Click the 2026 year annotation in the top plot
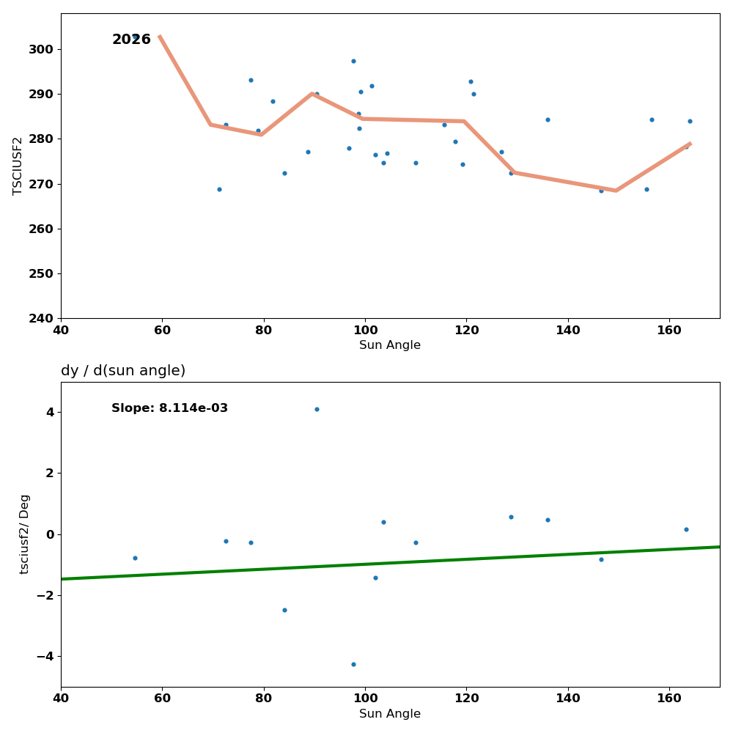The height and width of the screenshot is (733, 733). click(131, 40)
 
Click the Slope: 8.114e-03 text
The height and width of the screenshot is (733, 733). click(169, 408)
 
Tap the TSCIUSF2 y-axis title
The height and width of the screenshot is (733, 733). click(18, 166)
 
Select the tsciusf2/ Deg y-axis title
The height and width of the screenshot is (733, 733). click(25, 534)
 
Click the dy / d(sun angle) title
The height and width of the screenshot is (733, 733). click(123, 371)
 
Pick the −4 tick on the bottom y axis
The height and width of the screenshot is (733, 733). click(45, 656)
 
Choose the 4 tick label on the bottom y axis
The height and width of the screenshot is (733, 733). click(50, 412)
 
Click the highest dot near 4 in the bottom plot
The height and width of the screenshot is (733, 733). click(317, 409)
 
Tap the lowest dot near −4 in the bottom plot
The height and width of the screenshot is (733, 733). click(353, 664)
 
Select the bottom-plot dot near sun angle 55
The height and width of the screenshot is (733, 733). click(135, 558)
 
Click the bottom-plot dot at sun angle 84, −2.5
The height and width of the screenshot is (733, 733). click(284, 610)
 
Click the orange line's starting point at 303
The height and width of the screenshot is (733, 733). click(160, 36)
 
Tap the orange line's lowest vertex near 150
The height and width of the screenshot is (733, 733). click(616, 191)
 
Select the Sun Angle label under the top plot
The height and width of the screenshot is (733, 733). click(390, 345)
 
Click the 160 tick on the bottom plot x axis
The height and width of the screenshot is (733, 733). click(669, 699)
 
